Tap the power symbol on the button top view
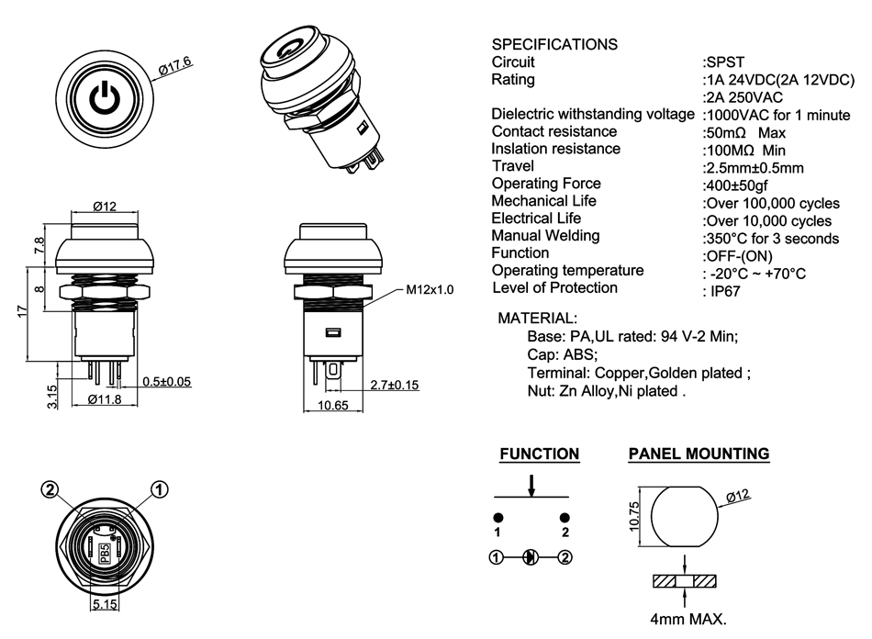click(104, 97)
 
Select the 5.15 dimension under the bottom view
click(105, 605)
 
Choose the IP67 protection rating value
click(721, 291)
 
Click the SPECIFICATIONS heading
click(554, 44)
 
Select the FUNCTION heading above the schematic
click(539, 454)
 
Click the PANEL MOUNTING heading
click(699, 454)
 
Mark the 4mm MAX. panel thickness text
click(688, 619)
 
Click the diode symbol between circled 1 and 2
click(530, 556)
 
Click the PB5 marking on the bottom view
click(105, 551)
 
